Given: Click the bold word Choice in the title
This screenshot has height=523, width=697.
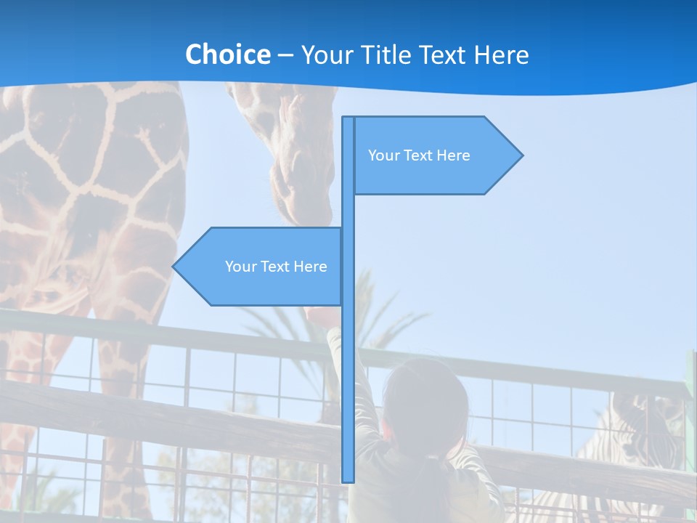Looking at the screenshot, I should (227, 54).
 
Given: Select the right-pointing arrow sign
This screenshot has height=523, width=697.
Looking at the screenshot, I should (436, 155).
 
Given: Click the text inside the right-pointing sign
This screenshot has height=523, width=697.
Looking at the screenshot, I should (419, 155).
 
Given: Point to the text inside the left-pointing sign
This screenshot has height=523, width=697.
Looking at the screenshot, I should (276, 267).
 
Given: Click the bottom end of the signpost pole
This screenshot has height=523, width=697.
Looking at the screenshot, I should (348, 479).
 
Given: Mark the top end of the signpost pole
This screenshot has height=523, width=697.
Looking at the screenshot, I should (348, 118).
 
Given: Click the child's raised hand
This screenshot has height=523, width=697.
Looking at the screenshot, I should (319, 316).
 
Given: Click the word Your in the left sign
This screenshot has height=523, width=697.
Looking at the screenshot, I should (240, 267).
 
